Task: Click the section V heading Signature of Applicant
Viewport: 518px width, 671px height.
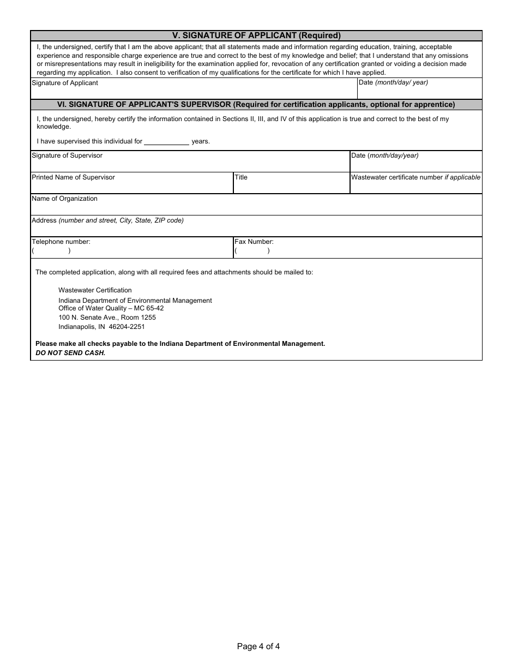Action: (x=256, y=35)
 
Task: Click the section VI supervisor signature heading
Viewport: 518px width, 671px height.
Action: (x=256, y=105)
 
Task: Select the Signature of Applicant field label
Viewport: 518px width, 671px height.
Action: (x=65, y=83)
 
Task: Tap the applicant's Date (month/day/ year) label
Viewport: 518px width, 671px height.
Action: (x=393, y=82)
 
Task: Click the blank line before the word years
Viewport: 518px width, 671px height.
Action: (x=167, y=142)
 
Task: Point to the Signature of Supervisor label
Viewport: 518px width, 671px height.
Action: (x=67, y=155)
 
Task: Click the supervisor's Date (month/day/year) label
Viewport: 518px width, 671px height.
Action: (x=385, y=155)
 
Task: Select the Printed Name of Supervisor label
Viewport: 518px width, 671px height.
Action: (x=73, y=177)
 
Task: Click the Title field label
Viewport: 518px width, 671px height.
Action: (x=241, y=177)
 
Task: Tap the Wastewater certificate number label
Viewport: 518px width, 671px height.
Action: (x=415, y=177)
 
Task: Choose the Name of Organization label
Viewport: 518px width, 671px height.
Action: (x=64, y=199)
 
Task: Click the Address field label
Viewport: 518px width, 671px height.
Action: (x=107, y=220)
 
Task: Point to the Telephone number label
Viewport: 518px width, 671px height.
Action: (x=61, y=242)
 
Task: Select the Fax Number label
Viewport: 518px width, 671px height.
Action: (x=254, y=242)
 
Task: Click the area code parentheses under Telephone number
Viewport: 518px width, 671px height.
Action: (x=51, y=251)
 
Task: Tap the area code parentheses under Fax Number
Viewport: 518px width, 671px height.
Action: (x=252, y=251)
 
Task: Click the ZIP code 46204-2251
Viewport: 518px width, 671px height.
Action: (x=127, y=327)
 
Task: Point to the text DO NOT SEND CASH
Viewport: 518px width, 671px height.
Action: (x=70, y=353)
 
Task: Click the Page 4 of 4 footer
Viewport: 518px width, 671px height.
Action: (x=258, y=646)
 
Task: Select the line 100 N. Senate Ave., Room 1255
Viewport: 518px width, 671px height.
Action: (x=107, y=317)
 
